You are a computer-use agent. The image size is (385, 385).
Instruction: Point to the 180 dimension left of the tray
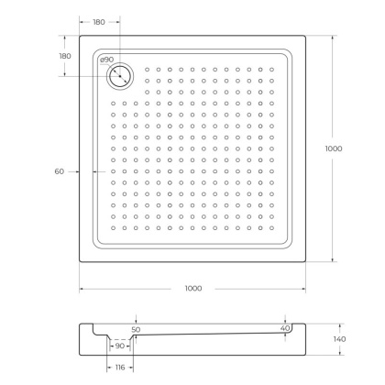point(65,56)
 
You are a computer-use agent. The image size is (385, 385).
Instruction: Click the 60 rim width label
point(60,171)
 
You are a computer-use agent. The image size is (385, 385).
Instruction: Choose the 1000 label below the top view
point(192,289)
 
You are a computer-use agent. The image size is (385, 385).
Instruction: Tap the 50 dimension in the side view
point(136,329)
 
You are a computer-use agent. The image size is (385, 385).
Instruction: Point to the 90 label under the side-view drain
point(119,346)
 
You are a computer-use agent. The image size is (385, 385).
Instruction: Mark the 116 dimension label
point(119,367)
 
